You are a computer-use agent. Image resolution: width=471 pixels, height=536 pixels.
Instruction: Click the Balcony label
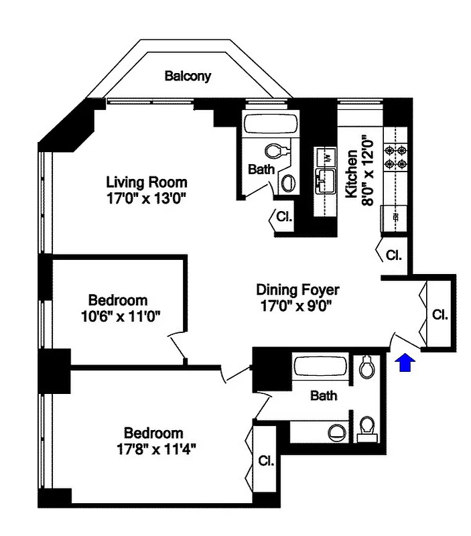(188, 76)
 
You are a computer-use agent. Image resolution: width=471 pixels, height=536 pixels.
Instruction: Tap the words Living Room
(147, 182)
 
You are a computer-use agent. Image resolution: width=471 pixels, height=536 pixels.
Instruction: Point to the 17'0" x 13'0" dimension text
(147, 198)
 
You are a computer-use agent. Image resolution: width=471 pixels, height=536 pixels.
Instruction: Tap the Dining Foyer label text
(298, 290)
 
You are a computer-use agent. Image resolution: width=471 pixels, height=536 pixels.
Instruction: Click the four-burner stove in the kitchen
(395, 155)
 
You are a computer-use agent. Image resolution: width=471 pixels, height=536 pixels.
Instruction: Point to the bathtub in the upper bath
(271, 125)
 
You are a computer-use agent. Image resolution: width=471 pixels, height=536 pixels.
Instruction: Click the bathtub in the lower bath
(321, 367)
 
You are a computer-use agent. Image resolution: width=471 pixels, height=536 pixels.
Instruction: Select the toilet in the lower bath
(366, 368)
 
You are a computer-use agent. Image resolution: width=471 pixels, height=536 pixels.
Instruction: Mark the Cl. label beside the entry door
(440, 314)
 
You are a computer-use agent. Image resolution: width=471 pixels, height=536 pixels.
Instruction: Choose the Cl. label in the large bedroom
(266, 462)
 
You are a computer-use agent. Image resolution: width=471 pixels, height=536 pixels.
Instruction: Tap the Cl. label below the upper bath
(283, 217)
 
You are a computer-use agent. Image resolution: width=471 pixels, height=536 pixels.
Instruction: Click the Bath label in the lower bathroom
(324, 396)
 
